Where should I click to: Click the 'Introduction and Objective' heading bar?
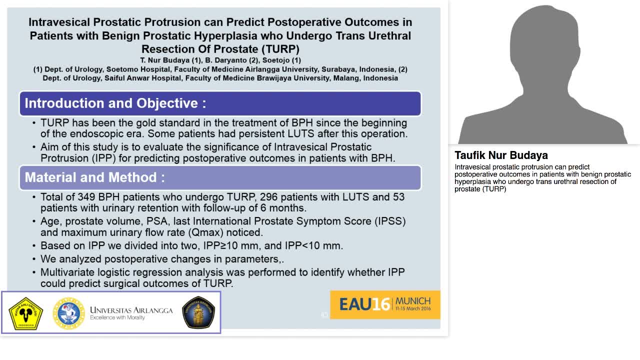220,103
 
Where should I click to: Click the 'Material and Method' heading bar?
220,177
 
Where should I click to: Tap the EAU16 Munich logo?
384,304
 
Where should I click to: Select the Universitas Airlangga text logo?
131,313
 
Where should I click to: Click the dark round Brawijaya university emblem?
198,312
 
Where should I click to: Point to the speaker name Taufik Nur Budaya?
501,155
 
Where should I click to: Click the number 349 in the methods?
90,197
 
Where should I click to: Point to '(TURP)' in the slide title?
277,49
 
